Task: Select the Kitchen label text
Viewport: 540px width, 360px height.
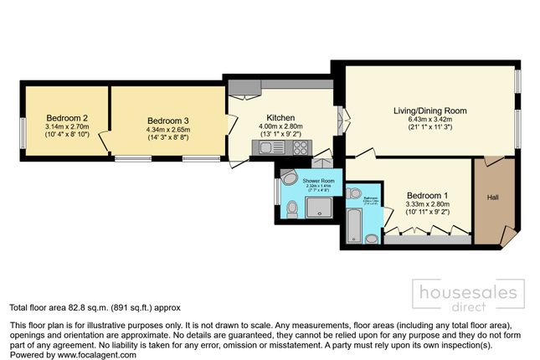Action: pos(280,117)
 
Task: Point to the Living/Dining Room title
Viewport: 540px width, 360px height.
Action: pos(430,110)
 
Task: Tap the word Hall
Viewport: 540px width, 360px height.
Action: pos(494,198)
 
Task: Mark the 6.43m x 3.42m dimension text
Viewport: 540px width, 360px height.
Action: pos(430,119)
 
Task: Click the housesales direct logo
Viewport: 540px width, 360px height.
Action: pos(471,295)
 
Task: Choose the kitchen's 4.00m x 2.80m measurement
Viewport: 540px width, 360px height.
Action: pos(280,126)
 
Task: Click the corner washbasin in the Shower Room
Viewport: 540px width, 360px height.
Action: pos(290,177)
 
